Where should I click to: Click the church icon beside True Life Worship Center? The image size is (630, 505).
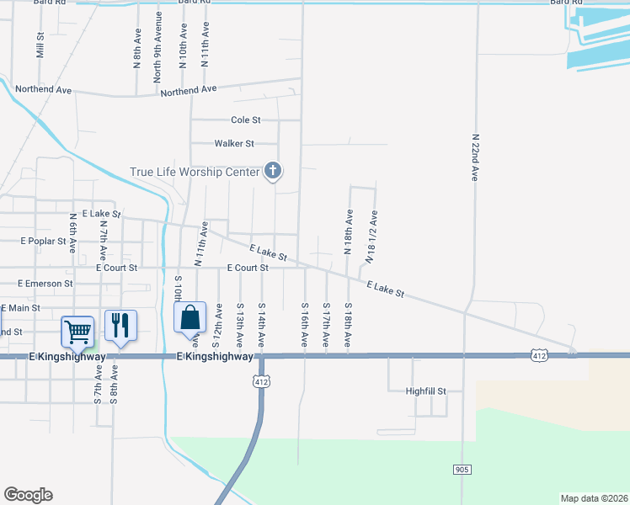click(x=272, y=172)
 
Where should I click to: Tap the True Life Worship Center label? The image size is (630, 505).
click(x=195, y=173)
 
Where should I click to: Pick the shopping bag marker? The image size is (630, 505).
click(x=190, y=318)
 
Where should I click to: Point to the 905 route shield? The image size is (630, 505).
click(x=461, y=469)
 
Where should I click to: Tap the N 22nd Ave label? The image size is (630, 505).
click(x=475, y=157)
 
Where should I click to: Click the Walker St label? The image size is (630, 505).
click(x=234, y=144)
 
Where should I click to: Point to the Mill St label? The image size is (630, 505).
click(x=40, y=45)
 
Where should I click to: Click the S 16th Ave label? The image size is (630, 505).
click(x=305, y=324)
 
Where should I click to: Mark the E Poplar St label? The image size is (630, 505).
click(x=43, y=241)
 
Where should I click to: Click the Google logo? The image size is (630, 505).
click(x=28, y=495)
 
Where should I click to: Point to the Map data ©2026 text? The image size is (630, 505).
click(x=595, y=498)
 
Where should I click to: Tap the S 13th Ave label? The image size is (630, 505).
click(x=240, y=325)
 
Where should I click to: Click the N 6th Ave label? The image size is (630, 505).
click(x=73, y=233)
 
